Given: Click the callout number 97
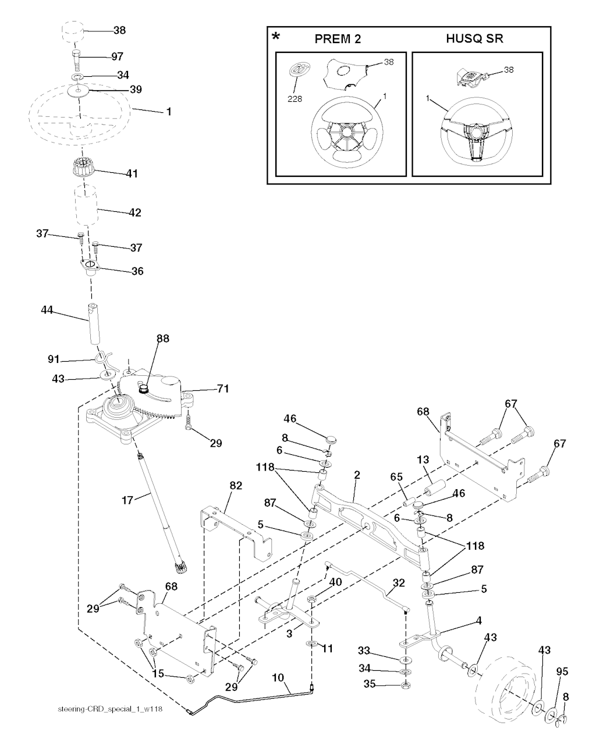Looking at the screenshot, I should (x=118, y=56).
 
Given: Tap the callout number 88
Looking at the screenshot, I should (x=162, y=339).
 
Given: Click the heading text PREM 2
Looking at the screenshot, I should (x=338, y=39).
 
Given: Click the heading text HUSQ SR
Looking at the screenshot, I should (x=474, y=39).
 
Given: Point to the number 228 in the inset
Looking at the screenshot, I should (x=295, y=98).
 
